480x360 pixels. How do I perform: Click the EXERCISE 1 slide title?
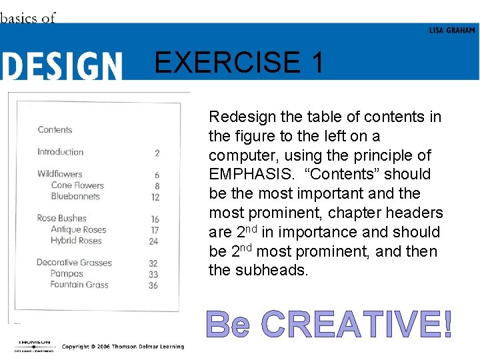click(x=239, y=63)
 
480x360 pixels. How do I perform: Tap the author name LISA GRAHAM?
click(x=452, y=31)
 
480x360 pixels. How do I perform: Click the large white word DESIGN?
click(x=61, y=67)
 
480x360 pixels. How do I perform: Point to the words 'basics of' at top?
click(x=28, y=18)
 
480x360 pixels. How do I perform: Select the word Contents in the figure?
click(x=55, y=130)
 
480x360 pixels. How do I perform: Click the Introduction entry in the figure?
click(x=60, y=152)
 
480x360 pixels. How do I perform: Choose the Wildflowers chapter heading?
click(x=59, y=174)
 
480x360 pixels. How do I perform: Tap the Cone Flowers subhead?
click(x=77, y=185)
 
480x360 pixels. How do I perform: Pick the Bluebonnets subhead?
click(x=75, y=197)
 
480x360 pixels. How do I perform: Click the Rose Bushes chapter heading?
click(x=61, y=218)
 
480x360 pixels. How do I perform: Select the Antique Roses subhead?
click(x=79, y=229)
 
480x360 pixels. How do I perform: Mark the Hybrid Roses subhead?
click(x=76, y=241)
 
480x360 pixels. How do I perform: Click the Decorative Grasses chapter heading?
click(x=73, y=263)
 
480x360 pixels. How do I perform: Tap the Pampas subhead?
click(x=67, y=274)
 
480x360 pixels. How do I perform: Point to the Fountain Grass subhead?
click(x=79, y=285)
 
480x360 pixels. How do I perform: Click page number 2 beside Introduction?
click(x=157, y=153)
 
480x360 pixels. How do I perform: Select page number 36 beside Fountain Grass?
click(x=153, y=285)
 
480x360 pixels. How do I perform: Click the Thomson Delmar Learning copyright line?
click(x=123, y=347)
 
